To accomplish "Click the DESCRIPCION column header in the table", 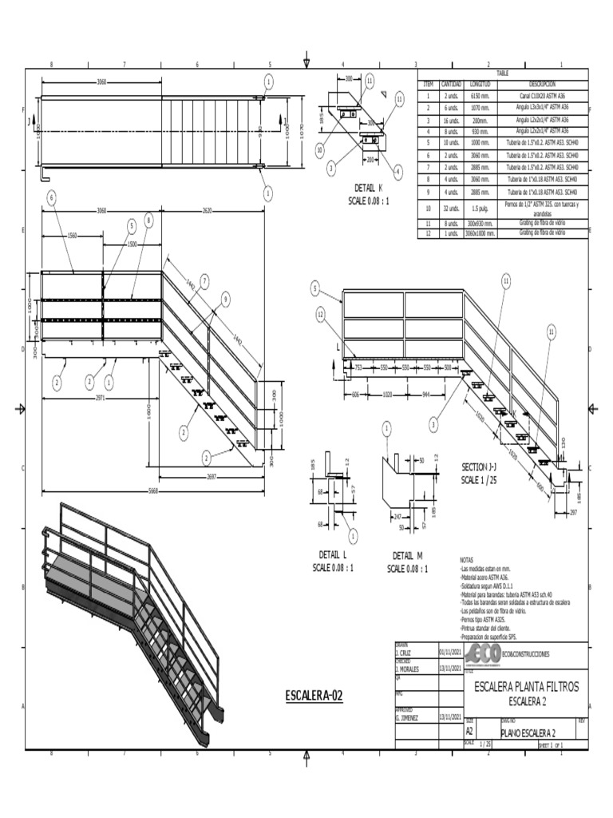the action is coord(543,83).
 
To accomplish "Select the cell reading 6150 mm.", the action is coord(480,95).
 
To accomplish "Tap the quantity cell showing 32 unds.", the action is coord(451,207).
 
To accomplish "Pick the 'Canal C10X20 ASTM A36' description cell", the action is coord(543,95).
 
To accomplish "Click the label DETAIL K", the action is coord(369,188).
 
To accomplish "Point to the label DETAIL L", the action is coord(333,554).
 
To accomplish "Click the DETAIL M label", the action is coord(407,555).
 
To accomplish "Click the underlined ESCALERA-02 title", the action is coord(314,696).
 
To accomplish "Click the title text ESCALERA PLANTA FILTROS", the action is coord(527,687).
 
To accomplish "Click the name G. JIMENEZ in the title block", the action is coord(410,718).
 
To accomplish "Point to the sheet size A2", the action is coord(469,731).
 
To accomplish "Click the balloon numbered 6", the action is coord(52,197).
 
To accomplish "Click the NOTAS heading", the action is coord(468,561).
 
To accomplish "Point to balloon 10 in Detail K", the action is coord(319,149).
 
